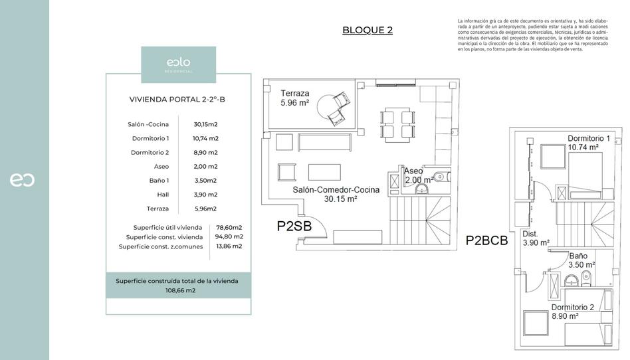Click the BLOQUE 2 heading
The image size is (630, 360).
(367, 30)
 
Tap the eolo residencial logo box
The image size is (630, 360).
(178, 64)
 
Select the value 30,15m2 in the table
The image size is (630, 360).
(206, 124)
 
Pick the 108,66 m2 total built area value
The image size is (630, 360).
(180, 290)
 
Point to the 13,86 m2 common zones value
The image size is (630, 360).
(228, 246)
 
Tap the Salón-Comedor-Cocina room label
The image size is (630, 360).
(336, 194)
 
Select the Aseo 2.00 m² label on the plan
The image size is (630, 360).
(417, 175)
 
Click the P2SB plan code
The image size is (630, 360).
(294, 226)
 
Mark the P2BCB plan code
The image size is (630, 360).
(486, 241)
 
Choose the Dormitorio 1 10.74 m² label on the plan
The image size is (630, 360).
(588, 143)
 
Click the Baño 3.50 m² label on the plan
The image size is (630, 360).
(581, 260)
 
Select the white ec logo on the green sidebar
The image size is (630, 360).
(22, 180)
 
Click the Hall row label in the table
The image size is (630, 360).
(163, 195)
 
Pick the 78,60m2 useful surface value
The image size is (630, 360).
(229, 227)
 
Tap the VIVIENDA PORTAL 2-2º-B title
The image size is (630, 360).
(178, 100)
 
